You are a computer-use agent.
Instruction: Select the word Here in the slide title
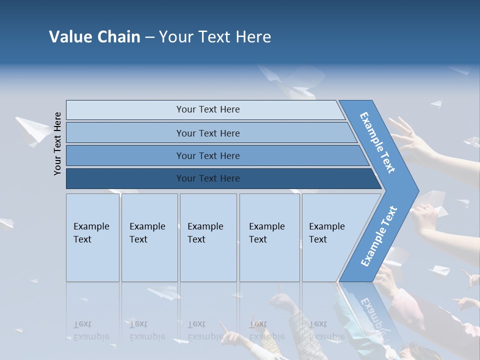253,36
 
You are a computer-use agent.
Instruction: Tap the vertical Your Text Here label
57,143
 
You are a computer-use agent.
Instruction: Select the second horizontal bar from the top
208,133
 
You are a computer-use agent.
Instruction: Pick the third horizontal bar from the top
208,155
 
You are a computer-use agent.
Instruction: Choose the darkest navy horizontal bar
208,178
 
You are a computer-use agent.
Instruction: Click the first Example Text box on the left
92,237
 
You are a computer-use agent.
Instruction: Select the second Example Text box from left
149,237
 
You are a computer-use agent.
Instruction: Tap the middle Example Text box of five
208,237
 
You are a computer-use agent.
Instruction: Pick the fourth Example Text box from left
269,237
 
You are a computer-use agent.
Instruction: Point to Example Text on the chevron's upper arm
377,142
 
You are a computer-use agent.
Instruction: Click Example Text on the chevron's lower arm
379,236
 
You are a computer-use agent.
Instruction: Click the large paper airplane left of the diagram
32,130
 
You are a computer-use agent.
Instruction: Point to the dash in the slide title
149,37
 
